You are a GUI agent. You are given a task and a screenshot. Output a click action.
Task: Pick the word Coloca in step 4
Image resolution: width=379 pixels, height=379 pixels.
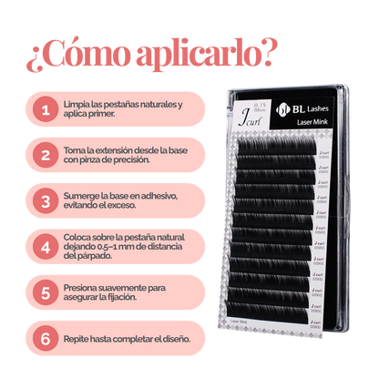tap(79, 237)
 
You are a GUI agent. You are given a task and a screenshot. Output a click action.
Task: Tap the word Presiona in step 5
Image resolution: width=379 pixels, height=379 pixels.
tap(83, 288)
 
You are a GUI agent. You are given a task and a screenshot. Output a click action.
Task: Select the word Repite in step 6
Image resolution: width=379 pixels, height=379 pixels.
tap(78, 337)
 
